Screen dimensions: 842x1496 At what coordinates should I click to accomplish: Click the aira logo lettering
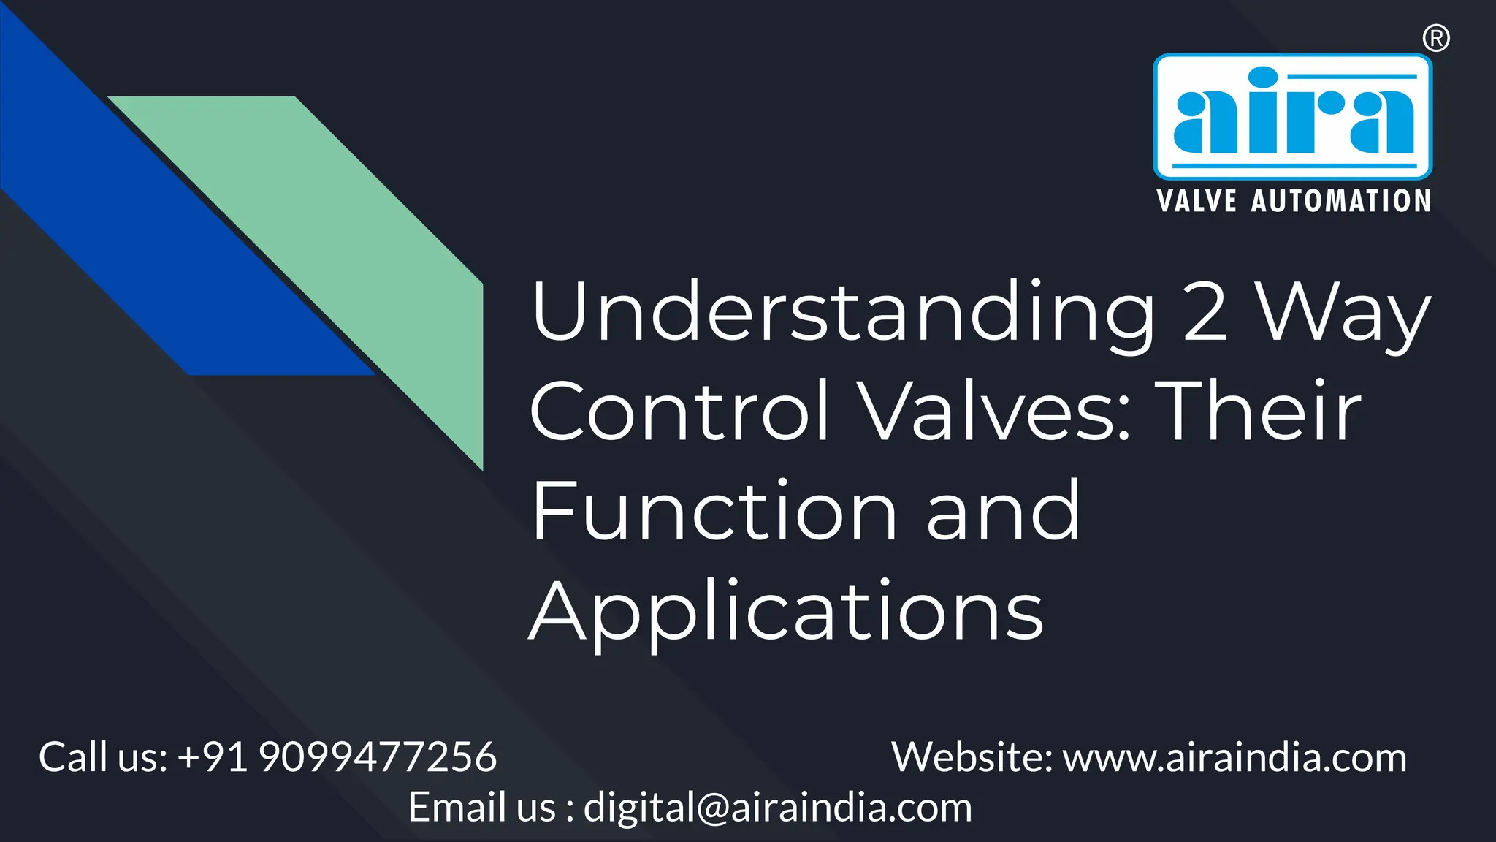point(1292,113)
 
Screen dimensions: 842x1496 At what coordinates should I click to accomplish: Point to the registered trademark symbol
point(1436,38)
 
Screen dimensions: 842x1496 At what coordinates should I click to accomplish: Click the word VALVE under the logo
point(1197,201)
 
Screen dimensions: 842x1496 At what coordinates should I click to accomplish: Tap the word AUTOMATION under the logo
point(1340,201)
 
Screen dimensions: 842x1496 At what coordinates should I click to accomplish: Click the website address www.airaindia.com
point(1234,757)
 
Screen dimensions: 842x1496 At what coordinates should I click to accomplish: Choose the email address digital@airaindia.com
point(778,808)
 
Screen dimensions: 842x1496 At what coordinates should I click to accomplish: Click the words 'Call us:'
point(103,757)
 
